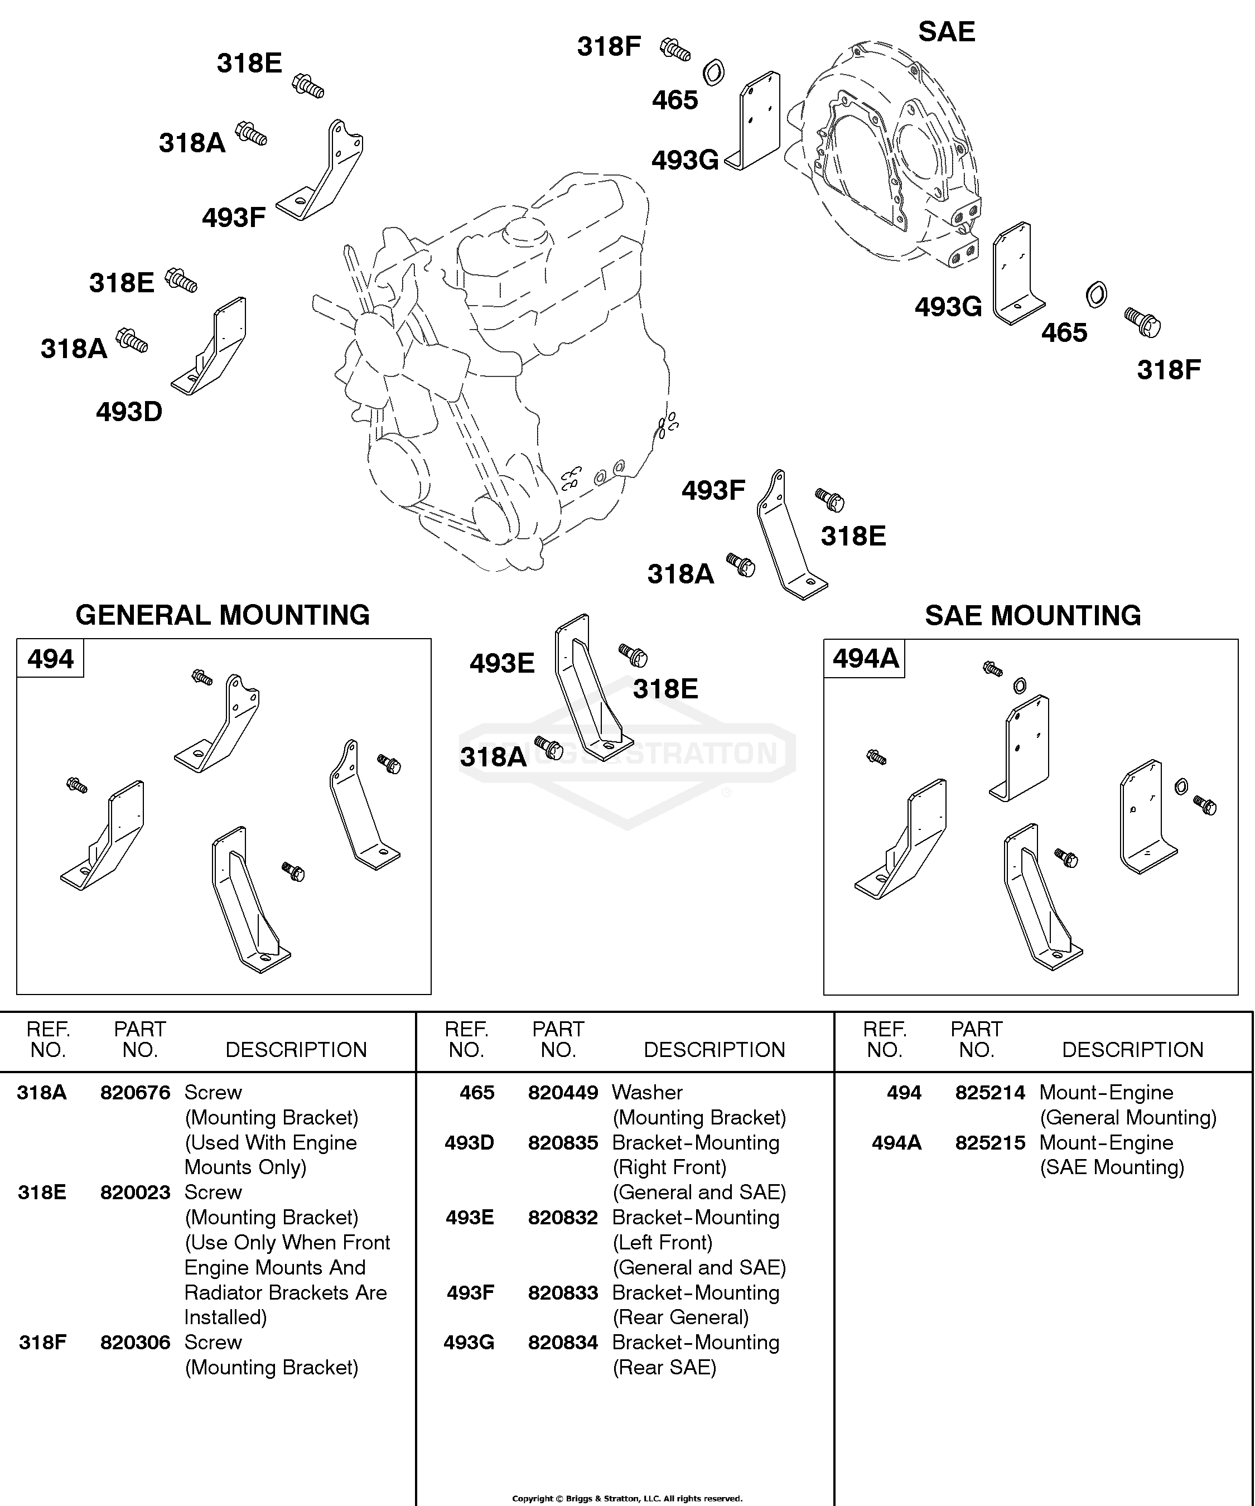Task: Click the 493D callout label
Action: [129, 412]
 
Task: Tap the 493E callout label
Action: [502, 663]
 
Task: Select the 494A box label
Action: [866, 658]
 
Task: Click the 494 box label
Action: [50, 658]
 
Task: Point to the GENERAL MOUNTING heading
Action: [223, 615]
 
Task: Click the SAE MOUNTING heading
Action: [1032, 615]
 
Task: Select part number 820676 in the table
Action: [136, 1093]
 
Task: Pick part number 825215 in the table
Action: [991, 1143]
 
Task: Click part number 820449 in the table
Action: [563, 1093]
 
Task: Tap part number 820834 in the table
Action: [563, 1343]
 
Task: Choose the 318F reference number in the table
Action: [42, 1343]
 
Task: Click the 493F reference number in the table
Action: [470, 1293]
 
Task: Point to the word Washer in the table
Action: [647, 1093]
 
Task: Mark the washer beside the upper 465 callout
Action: [713, 73]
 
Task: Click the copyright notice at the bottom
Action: [627, 1498]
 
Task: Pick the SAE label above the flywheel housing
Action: [947, 32]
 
